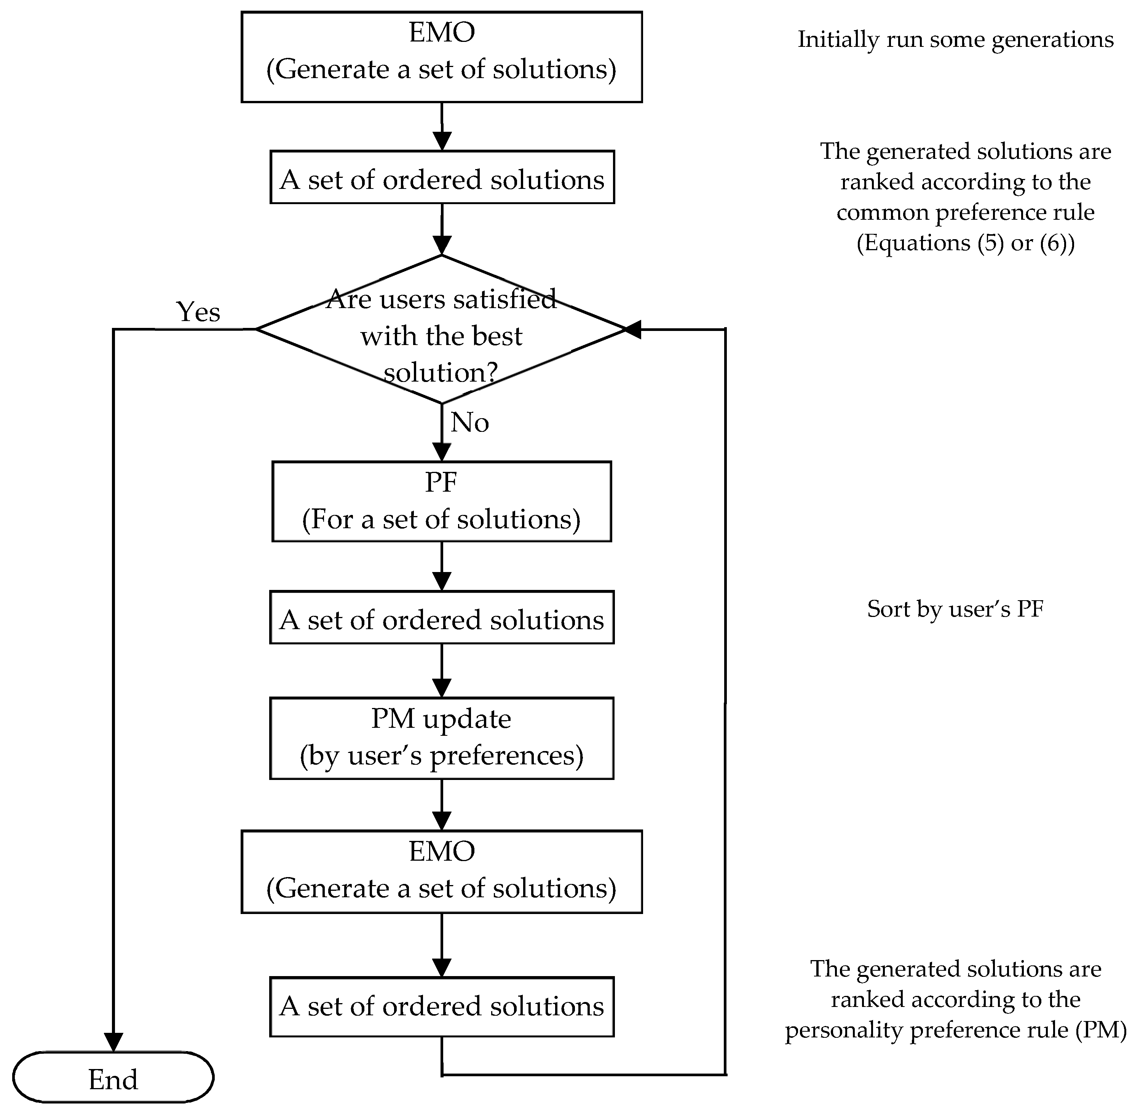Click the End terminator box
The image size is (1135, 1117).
tap(113, 1078)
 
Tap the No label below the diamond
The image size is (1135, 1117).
tap(469, 422)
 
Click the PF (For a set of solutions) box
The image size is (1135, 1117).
tap(441, 501)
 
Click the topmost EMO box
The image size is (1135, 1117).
tap(441, 57)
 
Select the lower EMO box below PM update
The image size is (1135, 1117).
tap(441, 871)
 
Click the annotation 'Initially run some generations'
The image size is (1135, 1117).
tap(955, 39)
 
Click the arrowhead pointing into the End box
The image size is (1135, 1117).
tap(113, 1041)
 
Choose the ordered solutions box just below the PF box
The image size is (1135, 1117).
tap(441, 618)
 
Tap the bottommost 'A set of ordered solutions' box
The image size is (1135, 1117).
tap(441, 1007)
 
